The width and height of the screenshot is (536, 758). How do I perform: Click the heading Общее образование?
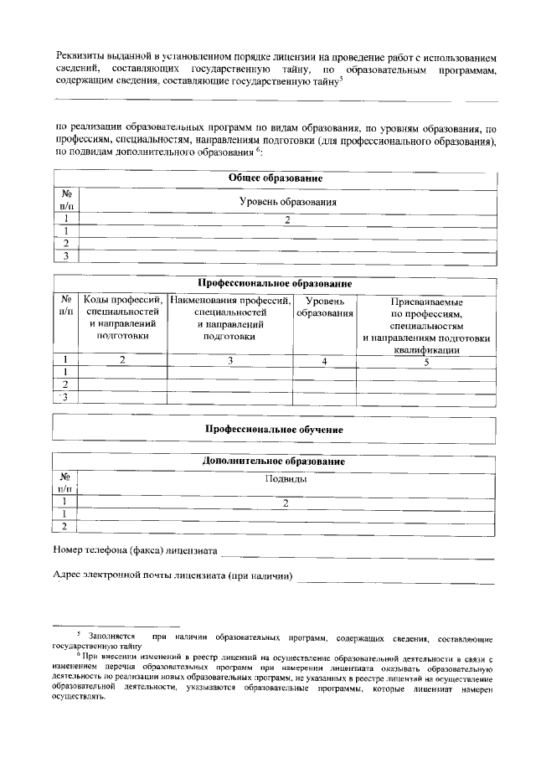coord(276,178)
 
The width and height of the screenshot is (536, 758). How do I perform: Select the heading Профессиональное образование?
coord(275,284)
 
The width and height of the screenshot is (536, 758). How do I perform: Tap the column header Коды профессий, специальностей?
coord(122,317)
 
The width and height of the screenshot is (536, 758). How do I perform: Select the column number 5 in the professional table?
coord(426,362)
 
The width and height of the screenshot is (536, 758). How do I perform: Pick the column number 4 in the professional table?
coord(324,361)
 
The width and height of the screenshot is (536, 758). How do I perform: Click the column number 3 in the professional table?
coord(230,361)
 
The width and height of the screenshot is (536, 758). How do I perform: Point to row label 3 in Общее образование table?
coord(64,256)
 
